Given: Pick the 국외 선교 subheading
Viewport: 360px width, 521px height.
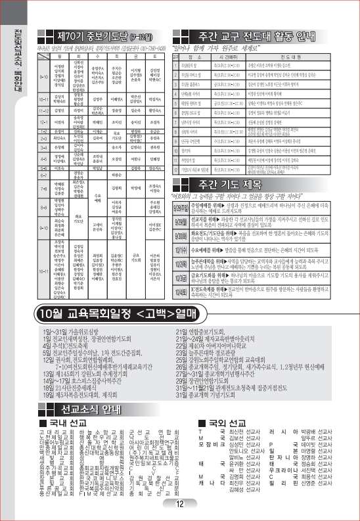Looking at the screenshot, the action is [x=225, y=423].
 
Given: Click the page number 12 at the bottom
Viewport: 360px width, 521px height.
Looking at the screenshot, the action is [x=179, y=504].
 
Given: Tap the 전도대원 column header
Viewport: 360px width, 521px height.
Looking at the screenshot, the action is [x=298, y=58].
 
